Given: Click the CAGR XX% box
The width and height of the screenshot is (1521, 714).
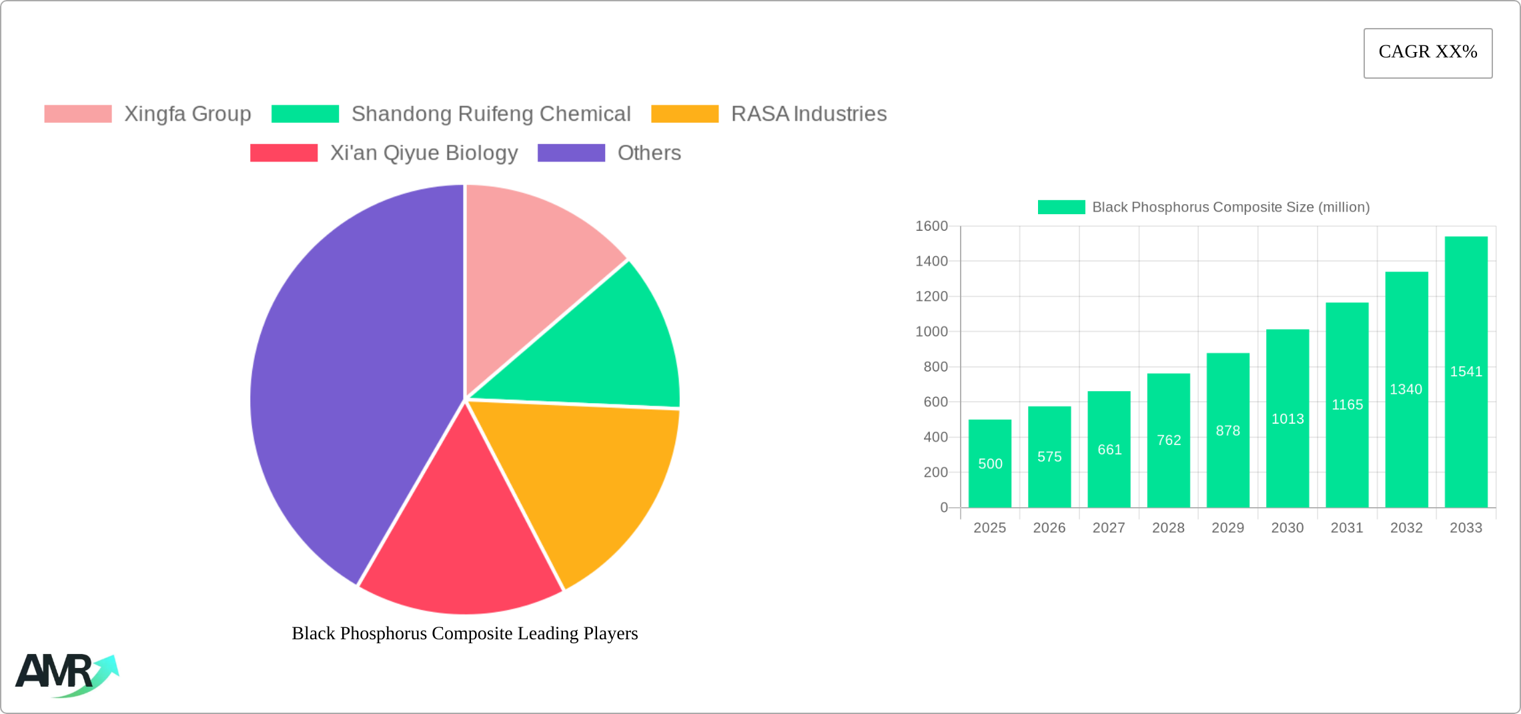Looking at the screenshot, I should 1428,53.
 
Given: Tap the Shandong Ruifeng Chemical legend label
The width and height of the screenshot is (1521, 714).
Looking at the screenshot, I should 490,114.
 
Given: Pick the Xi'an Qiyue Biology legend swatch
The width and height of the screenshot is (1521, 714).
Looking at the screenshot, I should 284,153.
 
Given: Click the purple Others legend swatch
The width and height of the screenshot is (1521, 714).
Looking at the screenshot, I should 571,153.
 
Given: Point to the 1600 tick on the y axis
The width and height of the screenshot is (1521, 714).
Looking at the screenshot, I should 931,226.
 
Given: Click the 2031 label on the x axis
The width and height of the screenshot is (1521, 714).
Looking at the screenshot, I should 1346,528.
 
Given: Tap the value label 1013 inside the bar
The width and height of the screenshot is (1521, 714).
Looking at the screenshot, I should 1287,419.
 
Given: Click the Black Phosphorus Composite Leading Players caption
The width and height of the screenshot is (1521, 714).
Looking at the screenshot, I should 464,633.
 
